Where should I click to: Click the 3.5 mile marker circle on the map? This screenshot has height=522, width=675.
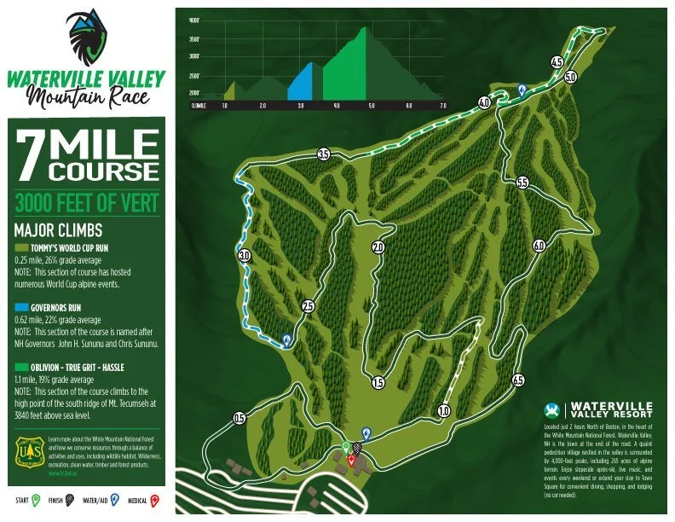(x=324, y=154)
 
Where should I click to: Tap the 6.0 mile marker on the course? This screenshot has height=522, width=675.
(x=539, y=246)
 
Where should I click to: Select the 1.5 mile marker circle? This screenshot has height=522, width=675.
(x=378, y=383)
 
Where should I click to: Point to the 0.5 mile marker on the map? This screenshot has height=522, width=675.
(x=239, y=418)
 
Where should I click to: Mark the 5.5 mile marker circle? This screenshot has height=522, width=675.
(x=522, y=183)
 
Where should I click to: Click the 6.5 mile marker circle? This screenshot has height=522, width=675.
(x=517, y=380)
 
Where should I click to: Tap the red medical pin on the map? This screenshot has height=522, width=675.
(x=351, y=459)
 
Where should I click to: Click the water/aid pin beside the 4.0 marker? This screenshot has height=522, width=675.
(x=522, y=90)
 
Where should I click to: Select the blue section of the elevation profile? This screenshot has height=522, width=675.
(x=300, y=85)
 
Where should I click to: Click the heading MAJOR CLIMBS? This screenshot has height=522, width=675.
(x=59, y=230)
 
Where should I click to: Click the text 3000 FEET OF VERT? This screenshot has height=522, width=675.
(x=85, y=203)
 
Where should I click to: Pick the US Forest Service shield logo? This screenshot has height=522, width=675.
(x=28, y=454)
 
